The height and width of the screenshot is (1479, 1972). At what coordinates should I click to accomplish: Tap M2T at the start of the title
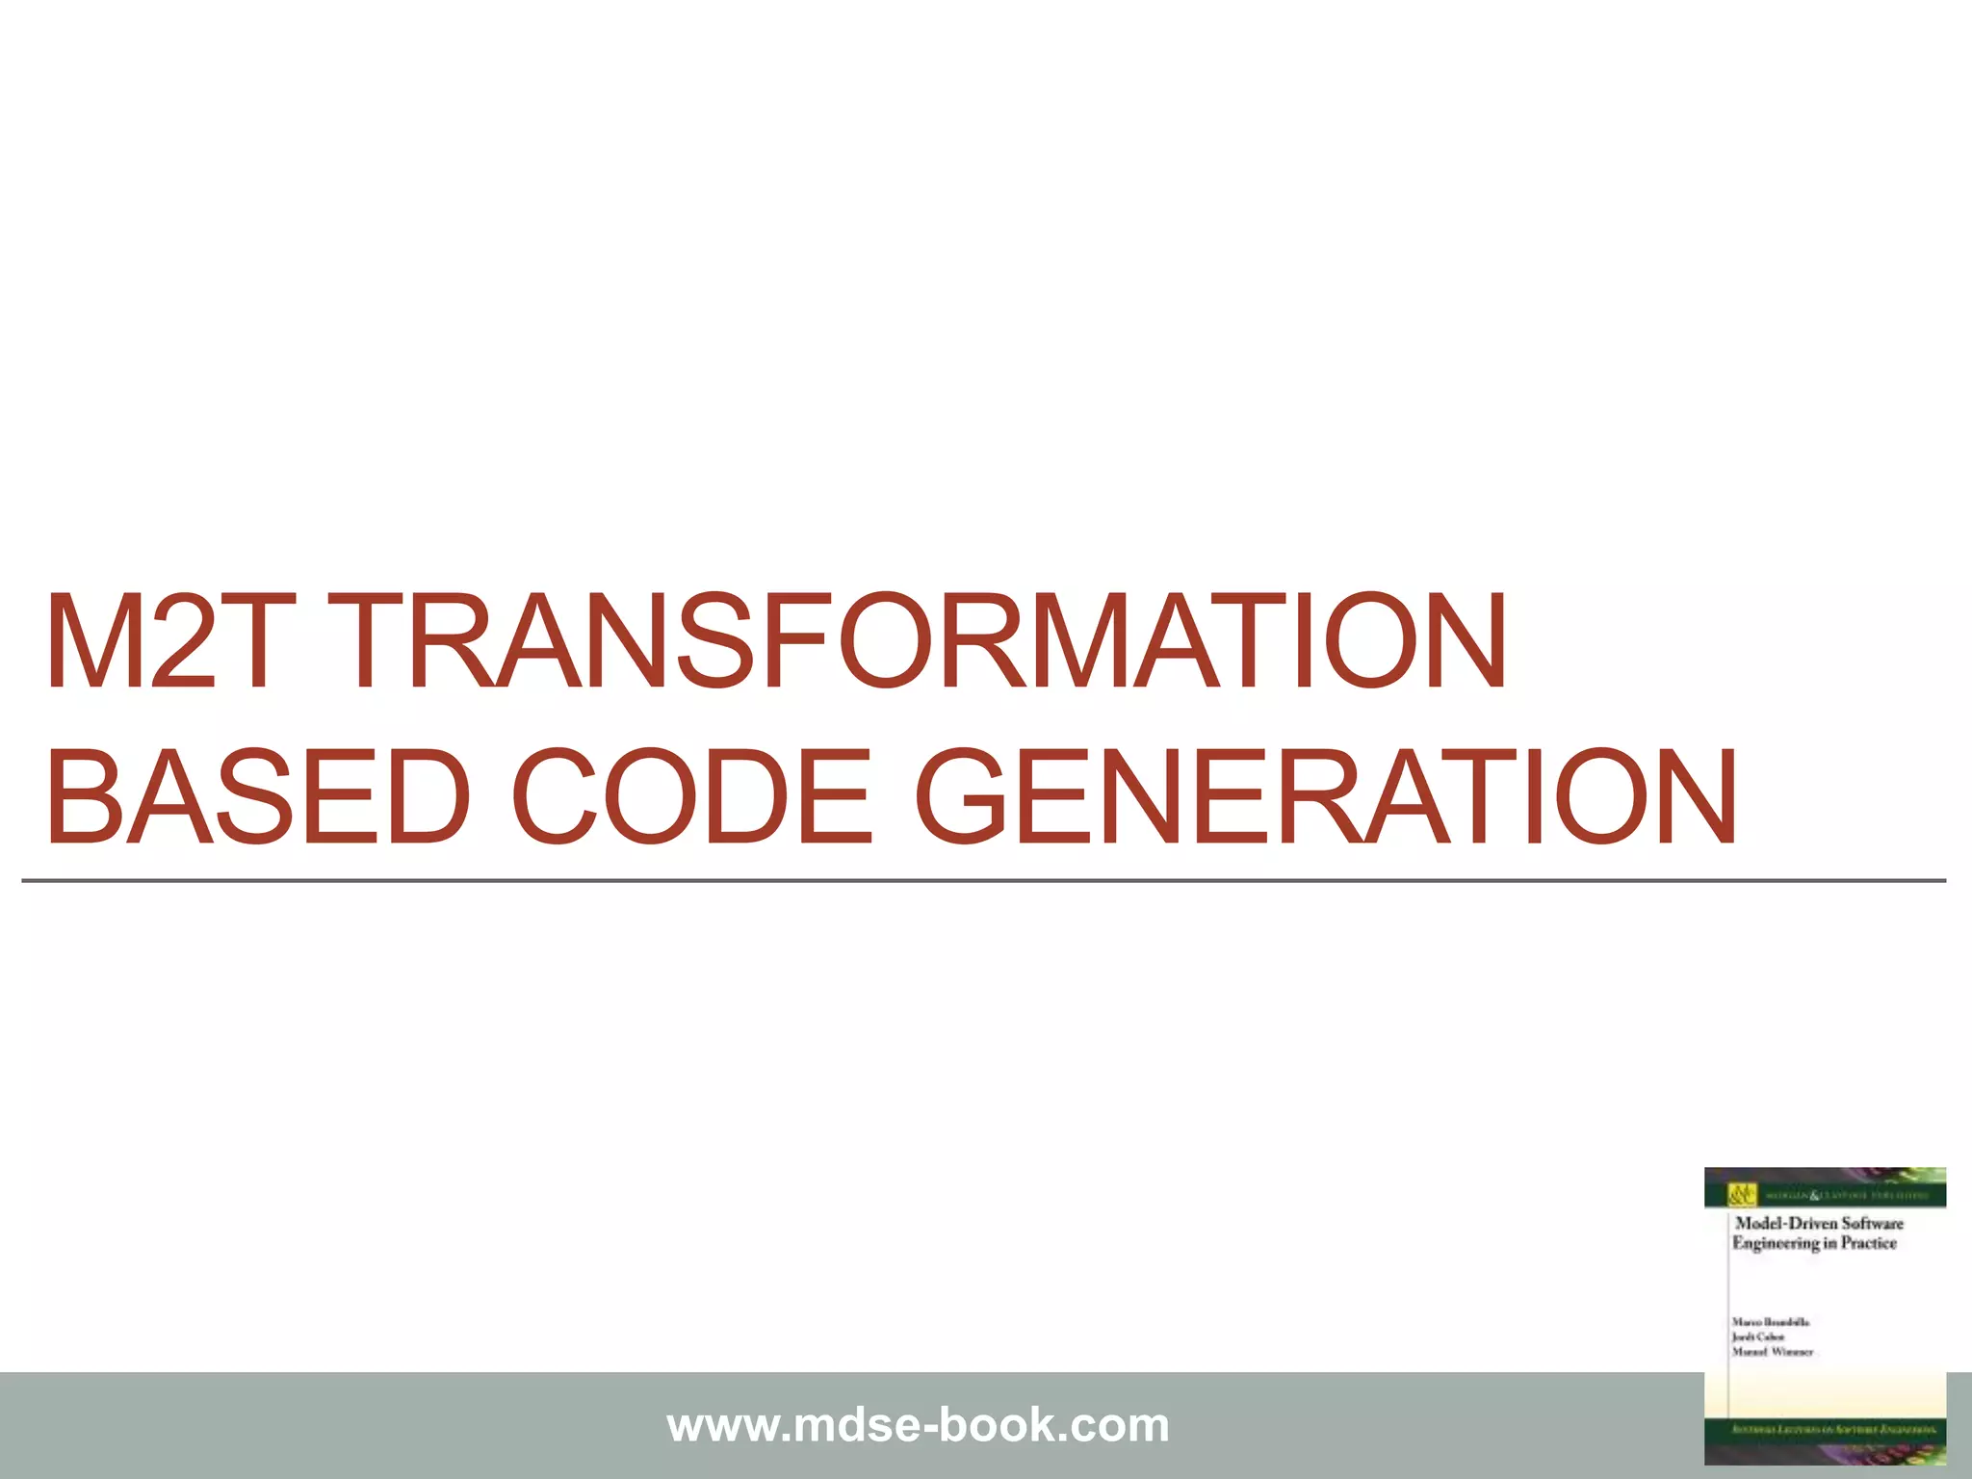164,642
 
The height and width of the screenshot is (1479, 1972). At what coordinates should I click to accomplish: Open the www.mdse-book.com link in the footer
918,1425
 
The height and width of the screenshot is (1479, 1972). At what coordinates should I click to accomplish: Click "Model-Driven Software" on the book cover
1819,1223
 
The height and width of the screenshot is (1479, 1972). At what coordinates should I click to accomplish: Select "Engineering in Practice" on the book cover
1814,1243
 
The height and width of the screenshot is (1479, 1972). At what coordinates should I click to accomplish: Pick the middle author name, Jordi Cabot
1758,1337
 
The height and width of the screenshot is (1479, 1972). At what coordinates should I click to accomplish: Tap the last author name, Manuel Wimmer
1772,1352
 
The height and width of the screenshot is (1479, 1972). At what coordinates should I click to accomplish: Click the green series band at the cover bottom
1825,1430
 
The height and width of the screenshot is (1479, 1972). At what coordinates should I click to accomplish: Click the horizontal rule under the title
982,880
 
